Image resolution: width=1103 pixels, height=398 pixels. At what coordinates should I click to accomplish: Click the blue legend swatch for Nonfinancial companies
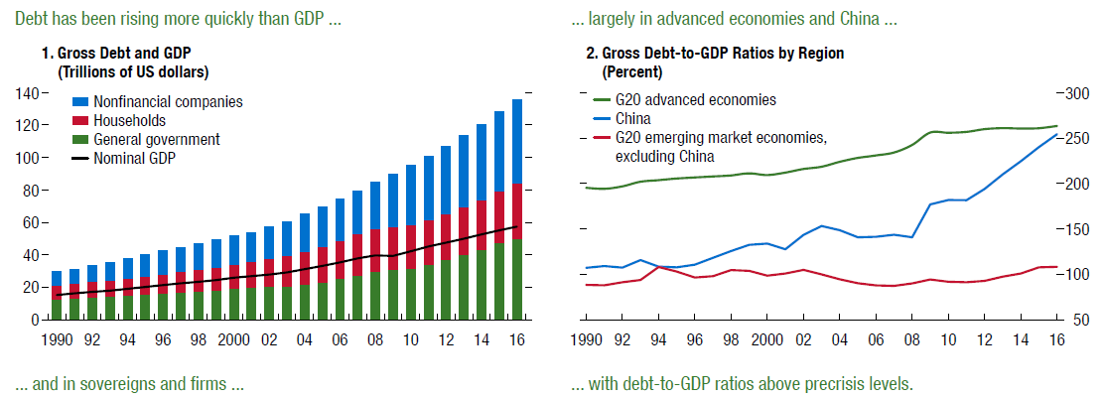point(80,102)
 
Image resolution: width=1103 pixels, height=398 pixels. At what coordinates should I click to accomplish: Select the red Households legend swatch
point(80,121)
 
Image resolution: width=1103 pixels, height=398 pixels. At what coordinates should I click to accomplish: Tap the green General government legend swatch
point(80,139)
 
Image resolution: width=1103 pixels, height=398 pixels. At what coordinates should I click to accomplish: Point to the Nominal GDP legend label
point(134,158)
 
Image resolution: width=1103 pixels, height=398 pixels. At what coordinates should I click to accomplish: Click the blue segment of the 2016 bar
point(517,141)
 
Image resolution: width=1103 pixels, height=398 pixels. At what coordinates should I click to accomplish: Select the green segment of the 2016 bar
point(517,279)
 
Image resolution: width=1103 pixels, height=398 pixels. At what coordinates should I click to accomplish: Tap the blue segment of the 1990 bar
point(57,279)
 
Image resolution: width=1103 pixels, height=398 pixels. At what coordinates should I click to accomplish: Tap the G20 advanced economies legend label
point(695,100)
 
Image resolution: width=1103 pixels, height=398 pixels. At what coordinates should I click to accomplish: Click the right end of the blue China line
point(1057,134)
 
